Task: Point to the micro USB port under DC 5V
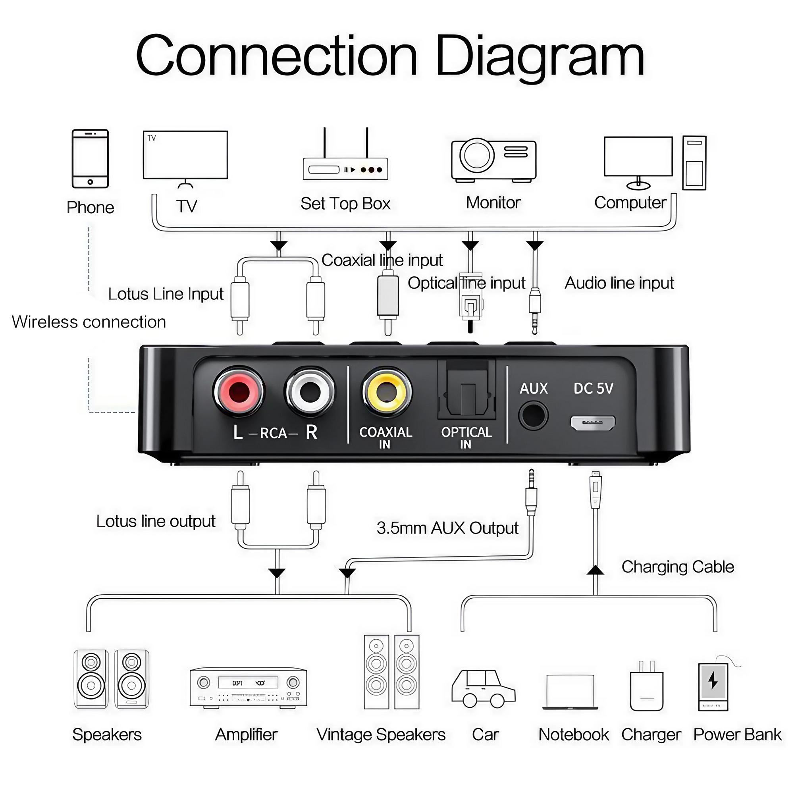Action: [x=593, y=422]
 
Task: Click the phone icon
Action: [x=90, y=159]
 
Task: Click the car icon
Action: [x=483, y=689]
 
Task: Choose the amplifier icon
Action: [x=248, y=688]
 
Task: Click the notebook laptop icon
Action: [x=570, y=692]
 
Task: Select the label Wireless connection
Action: [x=89, y=322]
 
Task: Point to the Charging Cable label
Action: [x=677, y=567]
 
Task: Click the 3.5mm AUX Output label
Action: [x=447, y=528]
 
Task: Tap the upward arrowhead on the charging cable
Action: [x=595, y=570]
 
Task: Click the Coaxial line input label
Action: [x=382, y=260]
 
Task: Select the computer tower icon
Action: [x=694, y=163]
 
